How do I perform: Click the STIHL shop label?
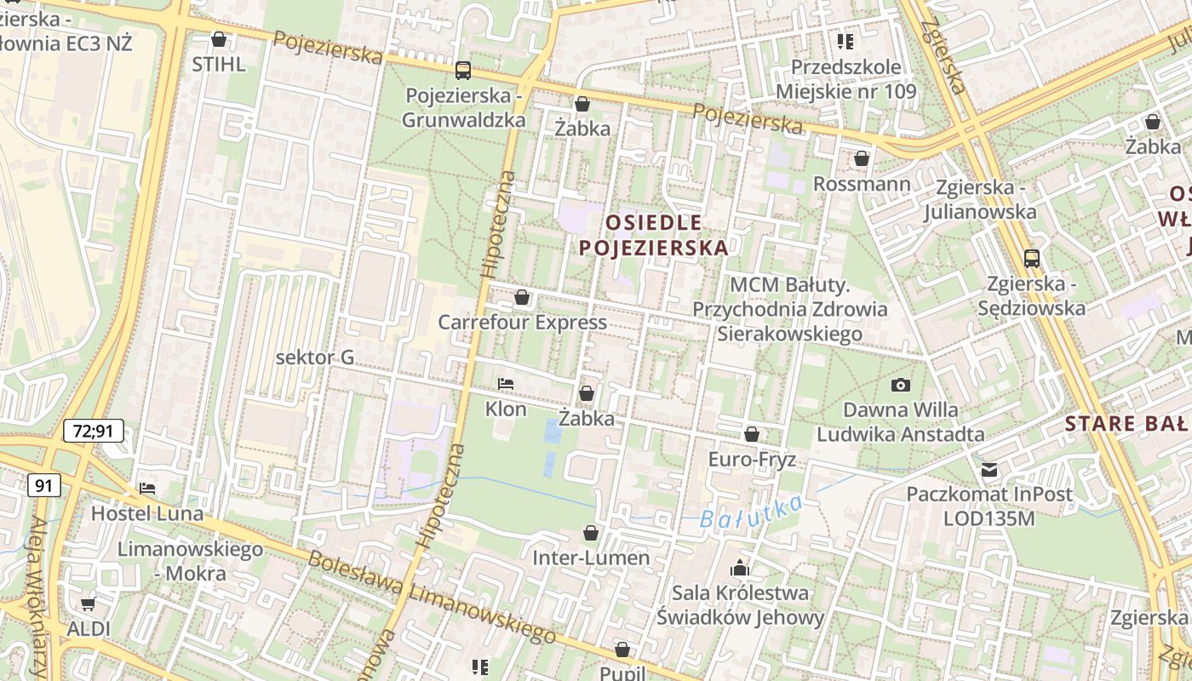point(219,64)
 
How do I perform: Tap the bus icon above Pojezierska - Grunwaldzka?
point(463,71)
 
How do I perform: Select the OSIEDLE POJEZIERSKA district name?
point(654,236)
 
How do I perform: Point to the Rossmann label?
point(862,184)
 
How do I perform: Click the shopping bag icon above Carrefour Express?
point(522,297)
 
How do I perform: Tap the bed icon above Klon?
point(506,384)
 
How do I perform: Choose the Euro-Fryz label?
point(752,460)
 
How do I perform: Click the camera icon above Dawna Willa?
point(901,386)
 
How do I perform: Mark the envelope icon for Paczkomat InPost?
point(989,469)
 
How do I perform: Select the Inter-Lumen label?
point(590,558)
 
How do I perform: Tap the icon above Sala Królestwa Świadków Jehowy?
point(740,567)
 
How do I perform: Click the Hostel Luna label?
point(147,513)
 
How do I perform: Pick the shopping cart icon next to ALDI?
point(88,604)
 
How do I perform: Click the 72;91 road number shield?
point(94,432)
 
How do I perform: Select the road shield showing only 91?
point(43,486)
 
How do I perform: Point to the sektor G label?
point(315,358)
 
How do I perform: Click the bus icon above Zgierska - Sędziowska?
point(1031,258)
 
